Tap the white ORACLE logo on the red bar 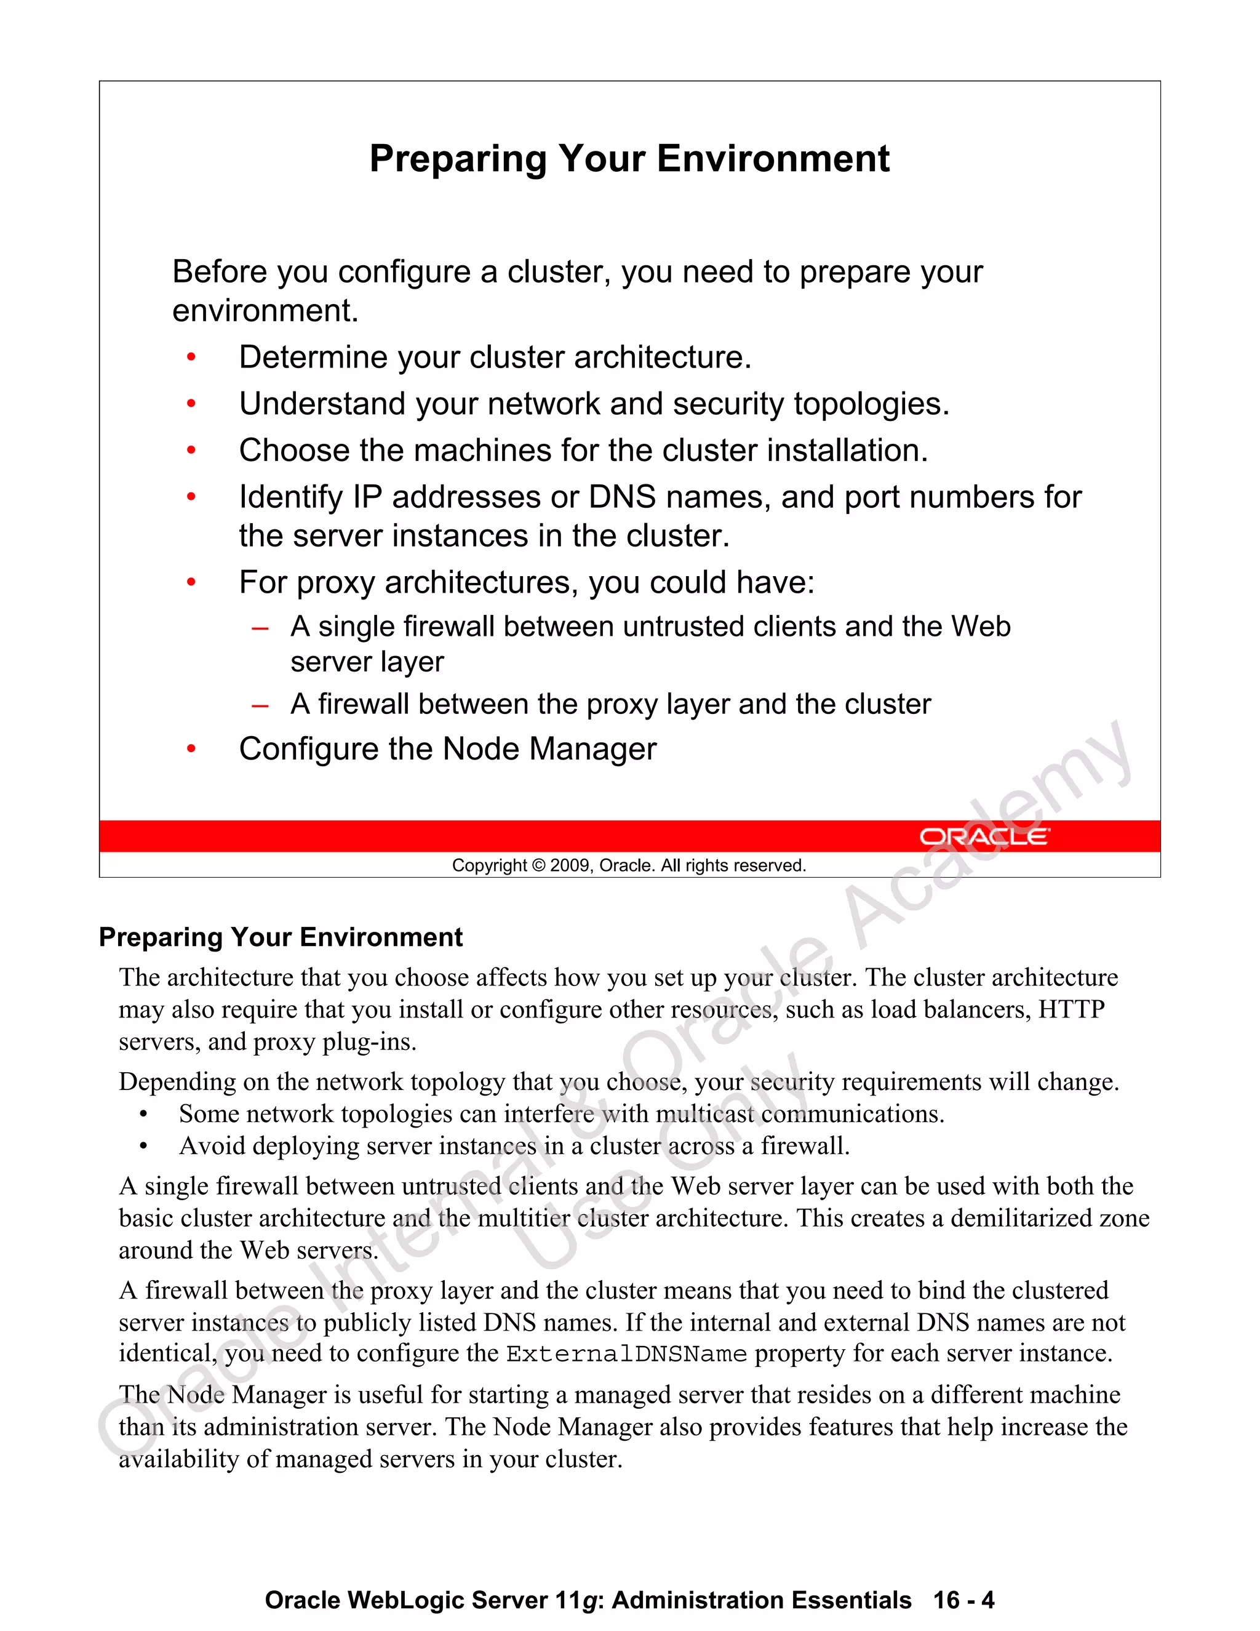(x=983, y=836)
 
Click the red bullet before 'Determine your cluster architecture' (x=191, y=358)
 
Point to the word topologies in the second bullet (x=871, y=404)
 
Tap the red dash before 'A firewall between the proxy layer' (x=260, y=705)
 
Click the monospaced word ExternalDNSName (x=626, y=1354)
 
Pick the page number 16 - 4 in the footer (x=963, y=1600)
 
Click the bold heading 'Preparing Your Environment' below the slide (x=281, y=937)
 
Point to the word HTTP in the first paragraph (x=1071, y=1009)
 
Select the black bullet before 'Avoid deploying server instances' (x=143, y=1147)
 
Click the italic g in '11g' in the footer (x=589, y=1601)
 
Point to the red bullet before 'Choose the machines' (x=191, y=451)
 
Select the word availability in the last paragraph (x=178, y=1459)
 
